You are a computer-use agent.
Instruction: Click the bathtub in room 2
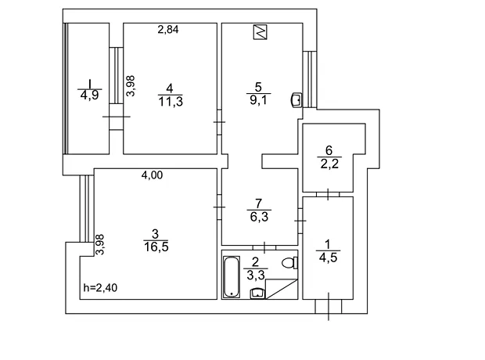click(x=232, y=277)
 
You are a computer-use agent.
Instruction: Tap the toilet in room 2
click(x=289, y=263)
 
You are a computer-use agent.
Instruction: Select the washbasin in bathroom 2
click(x=257, y=293)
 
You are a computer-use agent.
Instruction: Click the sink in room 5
click(x=296, y=100)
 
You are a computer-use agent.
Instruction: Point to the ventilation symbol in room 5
click(x=260, y=32)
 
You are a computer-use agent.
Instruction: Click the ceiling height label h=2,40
click(x=100, y=288)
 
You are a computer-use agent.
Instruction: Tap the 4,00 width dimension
click(x=152, y=175)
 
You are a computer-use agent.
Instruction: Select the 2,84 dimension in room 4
click(x=168, y=30)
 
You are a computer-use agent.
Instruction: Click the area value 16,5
click(x=156, y=247)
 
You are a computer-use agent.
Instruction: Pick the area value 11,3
click(x=171, y=101)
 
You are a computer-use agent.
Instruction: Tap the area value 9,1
click(x=259, y=100)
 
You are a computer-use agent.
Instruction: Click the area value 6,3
click(x=259, y=217)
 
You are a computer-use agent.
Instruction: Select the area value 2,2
click(x=329, y=164)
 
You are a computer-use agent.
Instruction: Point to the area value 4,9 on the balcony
click(x=89, y=95)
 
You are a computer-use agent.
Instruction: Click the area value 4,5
click(x=328, y=257)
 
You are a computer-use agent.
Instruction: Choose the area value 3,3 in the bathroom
click(x=256, y=275)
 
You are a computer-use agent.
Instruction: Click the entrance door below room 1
click(x=329, y=307)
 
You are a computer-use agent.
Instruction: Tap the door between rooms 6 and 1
click(x=328, y=194)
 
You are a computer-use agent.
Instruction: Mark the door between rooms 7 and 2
click(x=264, y=247)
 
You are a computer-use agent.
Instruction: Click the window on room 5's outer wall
click(x=310, y=79)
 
